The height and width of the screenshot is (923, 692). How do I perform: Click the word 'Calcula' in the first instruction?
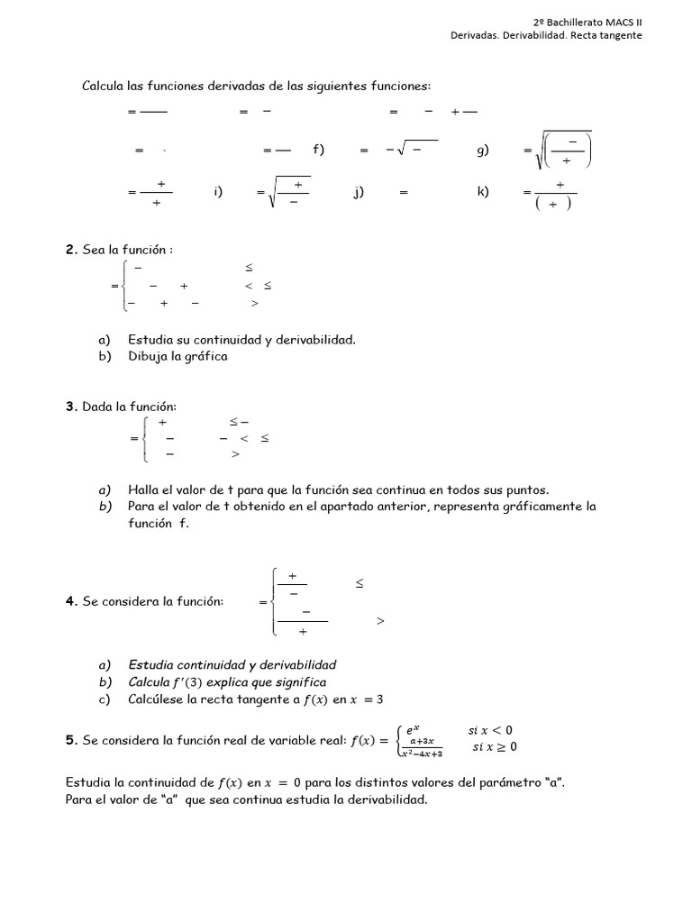(102, 86)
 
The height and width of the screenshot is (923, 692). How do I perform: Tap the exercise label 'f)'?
(318, 151)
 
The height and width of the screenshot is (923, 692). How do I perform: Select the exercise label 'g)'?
(482, 151)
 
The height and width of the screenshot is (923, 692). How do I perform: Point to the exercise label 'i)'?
(218, 192)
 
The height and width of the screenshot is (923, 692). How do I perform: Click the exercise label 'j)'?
(359, 192)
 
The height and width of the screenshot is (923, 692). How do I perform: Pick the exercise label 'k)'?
(483, 192)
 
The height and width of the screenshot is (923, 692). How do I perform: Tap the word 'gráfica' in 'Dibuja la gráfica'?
(208, 356)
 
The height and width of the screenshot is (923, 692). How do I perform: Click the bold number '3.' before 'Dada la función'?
(71, 407)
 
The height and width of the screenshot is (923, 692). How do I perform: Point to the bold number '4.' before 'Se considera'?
(71, 601)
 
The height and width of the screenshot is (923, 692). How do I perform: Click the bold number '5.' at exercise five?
(71, 741)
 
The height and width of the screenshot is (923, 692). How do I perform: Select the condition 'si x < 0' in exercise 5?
(492, 730)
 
